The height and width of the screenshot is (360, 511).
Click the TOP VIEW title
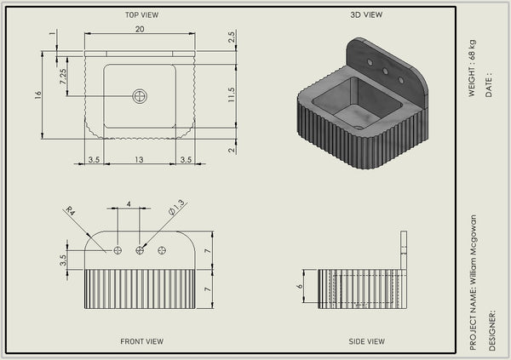tap(141, 15)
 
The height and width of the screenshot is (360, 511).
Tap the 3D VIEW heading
tap(366, 14)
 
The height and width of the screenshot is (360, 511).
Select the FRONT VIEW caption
tap(141, 341)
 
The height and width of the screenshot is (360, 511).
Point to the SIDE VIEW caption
tap(366, 341)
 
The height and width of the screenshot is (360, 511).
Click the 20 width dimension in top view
tap(140, 29)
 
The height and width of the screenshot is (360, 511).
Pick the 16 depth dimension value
tap(38, 94)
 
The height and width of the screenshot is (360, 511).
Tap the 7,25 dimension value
tap(63, 77)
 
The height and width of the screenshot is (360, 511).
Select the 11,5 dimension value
tap(231, 94)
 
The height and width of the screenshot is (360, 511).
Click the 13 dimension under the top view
tap(139, 160)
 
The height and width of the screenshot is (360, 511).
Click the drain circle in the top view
tap(140, 96)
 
